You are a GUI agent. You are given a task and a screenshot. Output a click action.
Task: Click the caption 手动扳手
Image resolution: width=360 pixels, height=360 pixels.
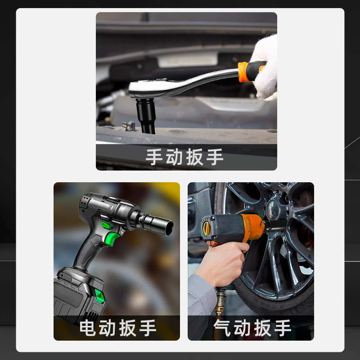click(x=184, y=157)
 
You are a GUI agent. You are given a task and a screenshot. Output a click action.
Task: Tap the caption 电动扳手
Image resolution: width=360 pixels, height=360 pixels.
click(x=118, y=328)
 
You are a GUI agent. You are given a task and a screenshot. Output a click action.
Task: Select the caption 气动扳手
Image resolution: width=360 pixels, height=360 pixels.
click(x=252, y=328)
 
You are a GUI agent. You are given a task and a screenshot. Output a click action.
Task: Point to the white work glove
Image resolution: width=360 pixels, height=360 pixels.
click(x=265, y=67)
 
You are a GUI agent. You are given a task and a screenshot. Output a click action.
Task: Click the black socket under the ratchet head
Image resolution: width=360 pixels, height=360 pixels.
click(x=145, y=116)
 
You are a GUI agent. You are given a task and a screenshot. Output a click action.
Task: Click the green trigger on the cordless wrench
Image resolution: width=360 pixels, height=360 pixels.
click(x=111, y=239)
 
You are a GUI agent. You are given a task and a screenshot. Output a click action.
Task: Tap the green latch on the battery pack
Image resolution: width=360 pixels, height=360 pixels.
click(x=99, y=296)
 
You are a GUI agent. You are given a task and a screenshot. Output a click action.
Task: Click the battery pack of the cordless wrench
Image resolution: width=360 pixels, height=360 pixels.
click(x=78, y=296)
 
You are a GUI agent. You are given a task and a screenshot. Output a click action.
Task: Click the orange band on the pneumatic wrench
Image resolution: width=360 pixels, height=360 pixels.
click(x=252, y=227)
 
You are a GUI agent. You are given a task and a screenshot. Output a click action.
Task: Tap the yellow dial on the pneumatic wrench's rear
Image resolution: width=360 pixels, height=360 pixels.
click(x=207, y=229)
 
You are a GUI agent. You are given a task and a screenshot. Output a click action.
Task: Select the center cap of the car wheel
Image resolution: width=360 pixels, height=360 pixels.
click(x=273, y=209)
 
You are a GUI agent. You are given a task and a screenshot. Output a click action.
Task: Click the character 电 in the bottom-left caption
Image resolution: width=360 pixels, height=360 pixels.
click(x=87, y=328)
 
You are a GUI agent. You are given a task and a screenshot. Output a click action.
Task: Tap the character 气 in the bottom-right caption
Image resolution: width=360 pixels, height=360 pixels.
click(x=222, y=328)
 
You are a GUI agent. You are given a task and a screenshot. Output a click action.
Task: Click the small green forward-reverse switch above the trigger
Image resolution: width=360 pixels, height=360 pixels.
click(x=107, y=226)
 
